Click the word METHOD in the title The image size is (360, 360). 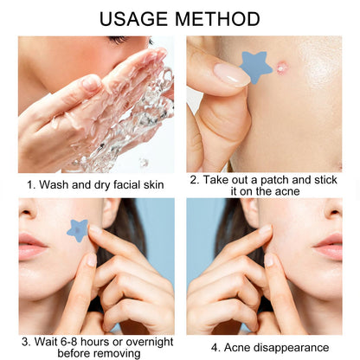tap(217, 19)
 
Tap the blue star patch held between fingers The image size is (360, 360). tap(255, 67)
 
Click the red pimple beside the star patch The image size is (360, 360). tap(281, 67)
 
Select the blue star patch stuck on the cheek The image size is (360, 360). tap(77, 230)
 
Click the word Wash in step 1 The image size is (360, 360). tap(55, 184)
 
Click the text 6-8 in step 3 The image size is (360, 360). tap(69, 342)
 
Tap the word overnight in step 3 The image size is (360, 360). tap(150, 343)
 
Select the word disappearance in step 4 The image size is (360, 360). tap(290, 348)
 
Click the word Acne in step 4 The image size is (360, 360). tap(236, 348)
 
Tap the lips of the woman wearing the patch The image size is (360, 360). tap(31, 247)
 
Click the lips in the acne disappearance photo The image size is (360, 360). tap(329, 247)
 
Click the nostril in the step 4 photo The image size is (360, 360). tap(335, 213)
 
